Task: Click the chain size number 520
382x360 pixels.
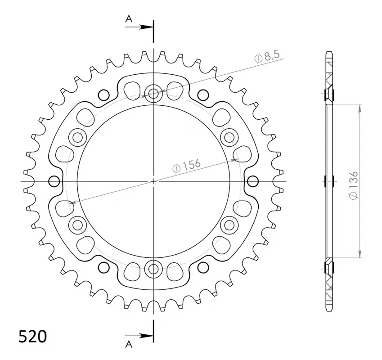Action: (32, 337)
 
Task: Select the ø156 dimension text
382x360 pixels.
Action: (186, 166)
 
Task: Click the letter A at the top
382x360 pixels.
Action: (129, 18)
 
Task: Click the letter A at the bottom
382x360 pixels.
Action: (129, 345)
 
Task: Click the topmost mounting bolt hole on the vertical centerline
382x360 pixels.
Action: (153, 94)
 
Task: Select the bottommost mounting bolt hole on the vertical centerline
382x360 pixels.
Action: (153, 269)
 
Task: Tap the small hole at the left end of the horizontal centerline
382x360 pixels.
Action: (54, 181)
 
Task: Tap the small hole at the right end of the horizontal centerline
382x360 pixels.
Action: (253, 181)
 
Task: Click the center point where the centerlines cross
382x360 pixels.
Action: (153, 181)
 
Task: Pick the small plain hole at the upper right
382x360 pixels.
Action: (203, 95)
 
